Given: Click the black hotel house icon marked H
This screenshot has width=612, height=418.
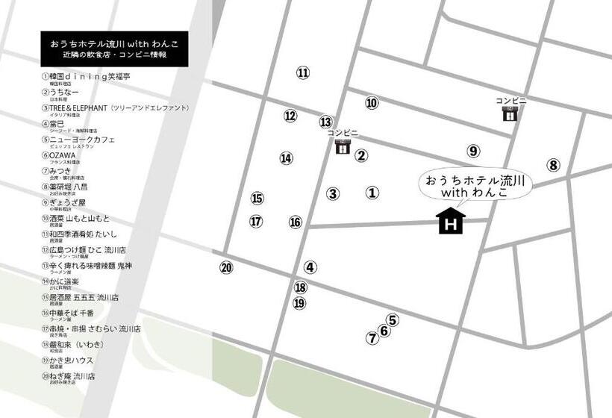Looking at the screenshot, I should (x=451, y=221).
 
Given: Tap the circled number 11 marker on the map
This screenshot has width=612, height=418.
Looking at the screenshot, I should (x=302, y=72).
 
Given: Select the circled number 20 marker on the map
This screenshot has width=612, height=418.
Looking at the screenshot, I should (x=227, y=268).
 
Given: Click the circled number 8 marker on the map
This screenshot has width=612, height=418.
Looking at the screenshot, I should (x=553, y=165).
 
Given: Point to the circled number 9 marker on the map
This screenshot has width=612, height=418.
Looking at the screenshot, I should (x=473, y=151).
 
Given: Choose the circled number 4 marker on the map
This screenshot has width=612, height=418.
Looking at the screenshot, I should (x=310, y=266).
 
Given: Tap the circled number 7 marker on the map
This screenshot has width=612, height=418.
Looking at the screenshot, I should (x=372, y=337).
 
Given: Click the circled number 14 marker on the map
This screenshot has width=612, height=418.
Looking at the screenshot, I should (x=287, y=158).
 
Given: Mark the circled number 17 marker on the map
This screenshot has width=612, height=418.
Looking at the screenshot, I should (x=256, y=222).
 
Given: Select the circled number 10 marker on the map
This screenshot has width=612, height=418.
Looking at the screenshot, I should (x=372, y=103).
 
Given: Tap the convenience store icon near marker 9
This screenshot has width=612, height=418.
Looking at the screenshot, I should (x=510, y=114).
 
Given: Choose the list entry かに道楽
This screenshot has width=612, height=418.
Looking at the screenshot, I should (x=63, y=281).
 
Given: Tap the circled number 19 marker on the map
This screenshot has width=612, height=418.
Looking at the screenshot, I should (x=300, y=303).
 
